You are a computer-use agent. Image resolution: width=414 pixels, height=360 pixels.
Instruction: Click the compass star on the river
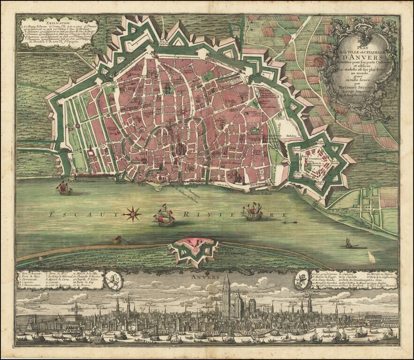pos(133,214)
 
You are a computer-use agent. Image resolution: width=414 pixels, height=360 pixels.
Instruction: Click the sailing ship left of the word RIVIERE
pos(164,216)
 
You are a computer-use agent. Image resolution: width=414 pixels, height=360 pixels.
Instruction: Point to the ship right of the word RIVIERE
pos(252,211)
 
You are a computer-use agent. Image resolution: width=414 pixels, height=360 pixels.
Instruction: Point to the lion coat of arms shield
pos(114,281)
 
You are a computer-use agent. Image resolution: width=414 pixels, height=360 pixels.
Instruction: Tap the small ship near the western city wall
pos(64,188)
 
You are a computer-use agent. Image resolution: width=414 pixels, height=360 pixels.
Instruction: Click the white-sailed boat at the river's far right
pos(371,257)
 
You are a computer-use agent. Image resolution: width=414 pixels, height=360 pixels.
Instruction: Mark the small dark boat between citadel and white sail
pos(348,243)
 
